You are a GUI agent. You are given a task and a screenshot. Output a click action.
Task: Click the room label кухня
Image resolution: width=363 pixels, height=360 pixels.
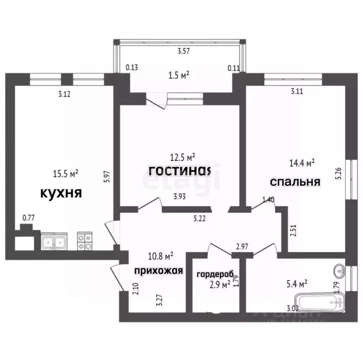[61, 192]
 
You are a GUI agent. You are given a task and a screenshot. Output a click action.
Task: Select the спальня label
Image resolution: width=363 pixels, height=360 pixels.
[295, 182]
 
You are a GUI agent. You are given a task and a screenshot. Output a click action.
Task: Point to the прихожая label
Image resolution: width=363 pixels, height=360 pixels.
[158, 270]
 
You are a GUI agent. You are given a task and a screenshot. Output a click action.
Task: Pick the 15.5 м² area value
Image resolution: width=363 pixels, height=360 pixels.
[65, 174]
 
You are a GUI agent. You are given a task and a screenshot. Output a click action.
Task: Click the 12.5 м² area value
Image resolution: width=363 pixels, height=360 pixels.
[182, 156]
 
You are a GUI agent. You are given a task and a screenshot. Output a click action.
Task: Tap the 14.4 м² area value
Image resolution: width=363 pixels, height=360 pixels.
[302, 163]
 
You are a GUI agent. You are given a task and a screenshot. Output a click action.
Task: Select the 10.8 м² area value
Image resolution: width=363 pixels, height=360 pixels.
[161, 256]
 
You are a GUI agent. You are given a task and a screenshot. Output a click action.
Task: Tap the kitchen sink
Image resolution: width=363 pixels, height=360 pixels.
[54, 242]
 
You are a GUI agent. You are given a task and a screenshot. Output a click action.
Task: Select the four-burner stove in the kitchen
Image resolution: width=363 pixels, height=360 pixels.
[84, 241]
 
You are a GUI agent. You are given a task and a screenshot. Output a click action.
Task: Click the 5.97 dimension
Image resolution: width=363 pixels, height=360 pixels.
[107, 176]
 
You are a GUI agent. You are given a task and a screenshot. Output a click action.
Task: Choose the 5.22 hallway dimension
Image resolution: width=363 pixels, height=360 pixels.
[200, 218]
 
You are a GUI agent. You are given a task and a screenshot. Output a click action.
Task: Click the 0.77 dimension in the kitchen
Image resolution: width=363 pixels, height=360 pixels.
[29, 217]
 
